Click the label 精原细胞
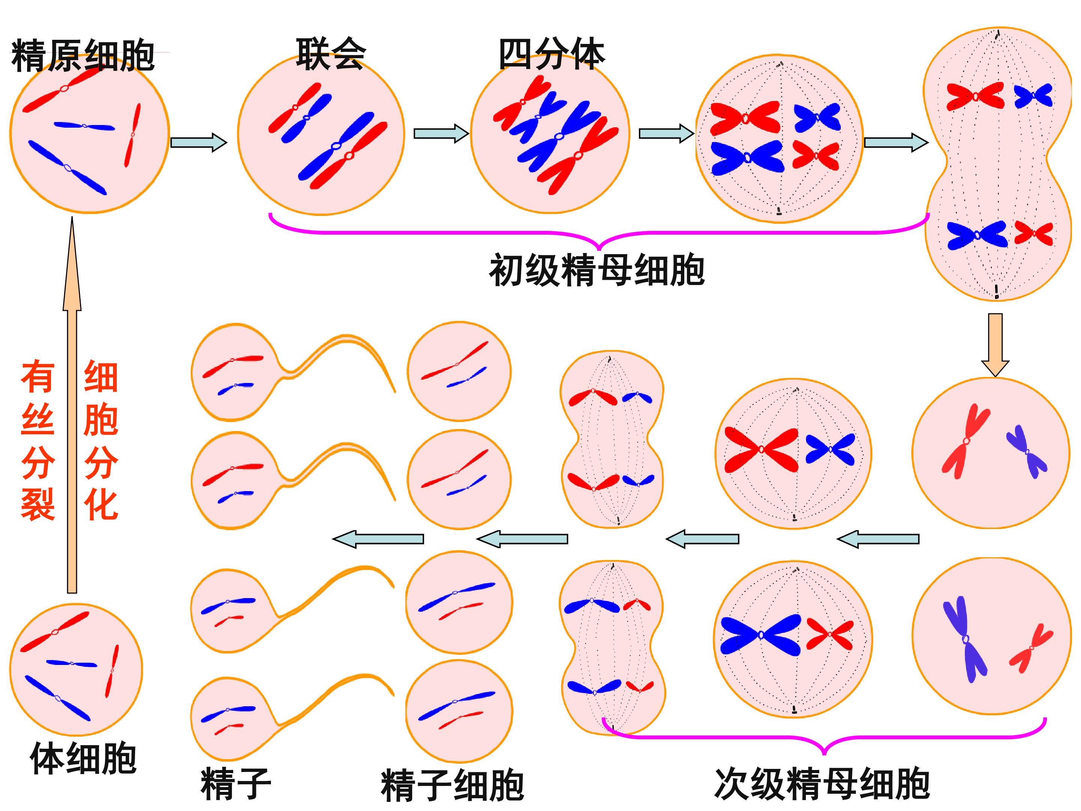pos(83,56)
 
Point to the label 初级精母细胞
pos(597,270)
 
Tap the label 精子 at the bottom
pos(236,783)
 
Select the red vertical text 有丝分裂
pos(38,440)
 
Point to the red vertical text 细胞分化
pos(101,440)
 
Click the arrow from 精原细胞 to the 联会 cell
pos(199,142)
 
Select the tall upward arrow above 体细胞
pos(72,405)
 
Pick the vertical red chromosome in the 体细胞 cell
pos(112,671)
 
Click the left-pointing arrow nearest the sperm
pos(378,539)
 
